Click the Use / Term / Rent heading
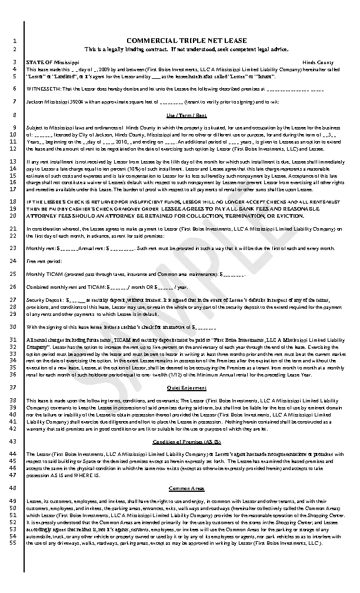pos(186,115)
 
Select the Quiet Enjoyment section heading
pos(186,388)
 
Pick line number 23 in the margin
pos(15,248)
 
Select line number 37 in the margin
pos(15,388)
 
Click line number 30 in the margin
pos(15,327)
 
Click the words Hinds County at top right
pos(318,62)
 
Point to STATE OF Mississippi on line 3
pos(52,62)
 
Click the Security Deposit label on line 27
pos(47,300)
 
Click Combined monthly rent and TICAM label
pos(65,287)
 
